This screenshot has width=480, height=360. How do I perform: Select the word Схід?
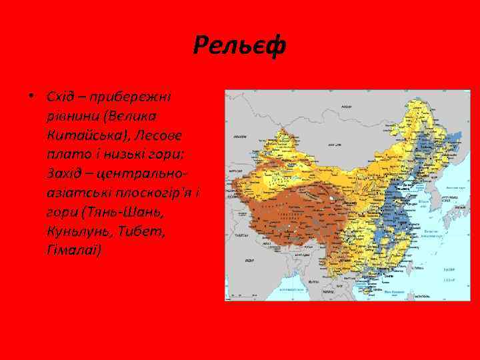pyautogui.click(x=59, y=99)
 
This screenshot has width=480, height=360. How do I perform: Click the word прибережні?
pyautogui.click(x=129, y=99)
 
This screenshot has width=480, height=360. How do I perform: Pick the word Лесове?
pyautogui.click(x=160, y=136)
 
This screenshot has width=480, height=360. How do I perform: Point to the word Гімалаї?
pyautogui.click(x=74, y=248)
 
